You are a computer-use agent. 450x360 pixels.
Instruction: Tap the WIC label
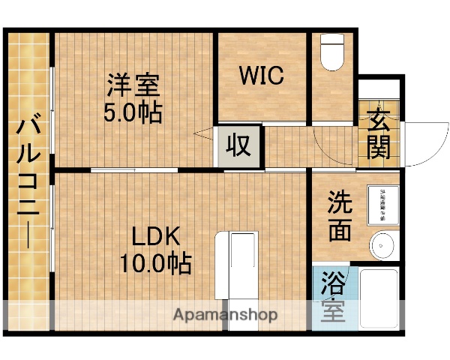262,76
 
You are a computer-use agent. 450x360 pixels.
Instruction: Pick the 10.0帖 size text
156,264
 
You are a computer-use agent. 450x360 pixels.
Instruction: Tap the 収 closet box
238,145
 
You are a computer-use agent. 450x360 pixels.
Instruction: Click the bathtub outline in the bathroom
379,300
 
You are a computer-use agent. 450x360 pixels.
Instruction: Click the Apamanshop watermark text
225,315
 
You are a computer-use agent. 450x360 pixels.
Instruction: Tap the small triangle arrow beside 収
203,135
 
